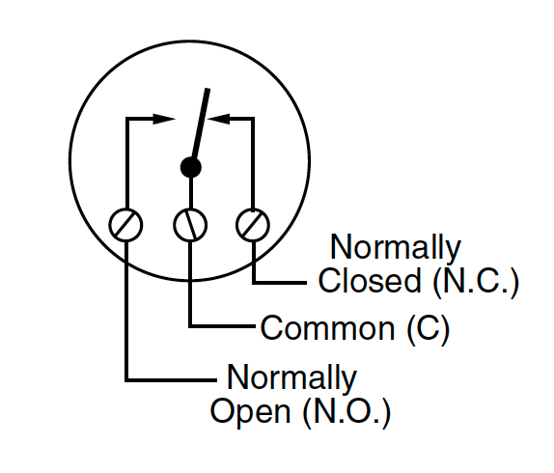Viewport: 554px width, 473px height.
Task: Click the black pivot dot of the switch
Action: [x=191, y=167]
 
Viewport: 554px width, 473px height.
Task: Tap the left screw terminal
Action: [x=125, y=225]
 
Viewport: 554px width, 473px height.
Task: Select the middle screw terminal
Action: [x=190, y=225]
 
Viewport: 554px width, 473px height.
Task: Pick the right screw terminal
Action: [x=253, y=225]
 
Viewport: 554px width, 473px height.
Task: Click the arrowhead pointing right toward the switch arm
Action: [x=164, y=119]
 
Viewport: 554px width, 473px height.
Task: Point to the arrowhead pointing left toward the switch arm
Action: [x=219, y=119]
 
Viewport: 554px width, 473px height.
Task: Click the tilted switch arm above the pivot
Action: [x=201, y=123]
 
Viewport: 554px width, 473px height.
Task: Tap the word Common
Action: [x=327, y=328]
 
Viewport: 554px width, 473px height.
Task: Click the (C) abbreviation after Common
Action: [x=429, y=329]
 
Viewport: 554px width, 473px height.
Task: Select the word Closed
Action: [x=370, y=280]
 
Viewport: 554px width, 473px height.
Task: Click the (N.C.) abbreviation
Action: [x=476, y=281]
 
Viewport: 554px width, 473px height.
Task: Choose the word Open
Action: [x=251, y=412]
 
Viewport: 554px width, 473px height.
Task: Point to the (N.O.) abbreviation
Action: [x=346, y=412]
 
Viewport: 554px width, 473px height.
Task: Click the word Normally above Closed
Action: [x=396, y=248]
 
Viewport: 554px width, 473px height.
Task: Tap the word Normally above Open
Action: [x=292, y=378]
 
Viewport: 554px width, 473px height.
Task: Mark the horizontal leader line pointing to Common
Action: [x=222, y=326]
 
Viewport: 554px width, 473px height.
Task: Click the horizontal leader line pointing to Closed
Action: [x=280, y=283]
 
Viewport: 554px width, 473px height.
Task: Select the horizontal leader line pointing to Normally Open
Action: [x=171, y=380]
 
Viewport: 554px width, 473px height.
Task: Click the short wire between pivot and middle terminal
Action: [x=191, y=193]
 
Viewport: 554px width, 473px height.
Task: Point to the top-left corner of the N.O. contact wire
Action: [x=127, y=119]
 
